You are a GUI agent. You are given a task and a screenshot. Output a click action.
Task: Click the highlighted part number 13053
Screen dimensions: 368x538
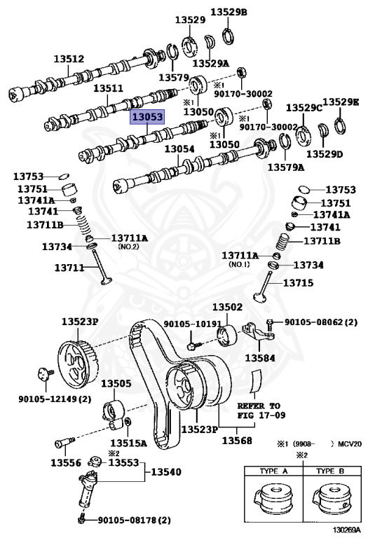(147, 117)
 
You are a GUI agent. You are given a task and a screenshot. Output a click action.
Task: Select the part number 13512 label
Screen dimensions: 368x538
(69, 59)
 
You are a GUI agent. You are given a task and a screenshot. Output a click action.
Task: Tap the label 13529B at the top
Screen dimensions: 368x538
(229, 12)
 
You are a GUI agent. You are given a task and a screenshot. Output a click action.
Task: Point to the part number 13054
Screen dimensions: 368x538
(179, 149)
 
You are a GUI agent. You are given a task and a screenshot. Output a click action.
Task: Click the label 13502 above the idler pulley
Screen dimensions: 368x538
(227, 307)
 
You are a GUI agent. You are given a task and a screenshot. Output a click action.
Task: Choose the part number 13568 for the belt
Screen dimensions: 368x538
(237, 440)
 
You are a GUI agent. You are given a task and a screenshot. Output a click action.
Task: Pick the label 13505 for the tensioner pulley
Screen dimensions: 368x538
(116, 383)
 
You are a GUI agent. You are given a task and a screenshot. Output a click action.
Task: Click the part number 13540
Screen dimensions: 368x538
(166, 472)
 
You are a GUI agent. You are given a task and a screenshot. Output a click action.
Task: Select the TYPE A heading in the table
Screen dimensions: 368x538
(273, 471)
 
